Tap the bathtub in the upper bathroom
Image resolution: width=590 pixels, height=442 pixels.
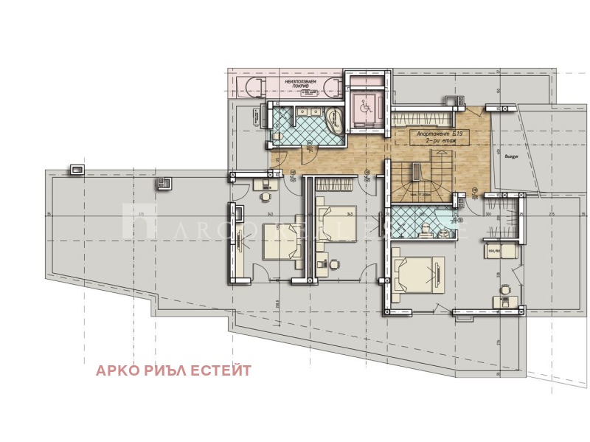[x=333, y=120]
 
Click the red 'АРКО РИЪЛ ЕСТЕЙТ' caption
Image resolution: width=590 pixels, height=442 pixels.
[x=173, y=370]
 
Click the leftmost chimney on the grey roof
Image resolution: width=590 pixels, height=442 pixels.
[x=75, y=170]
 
